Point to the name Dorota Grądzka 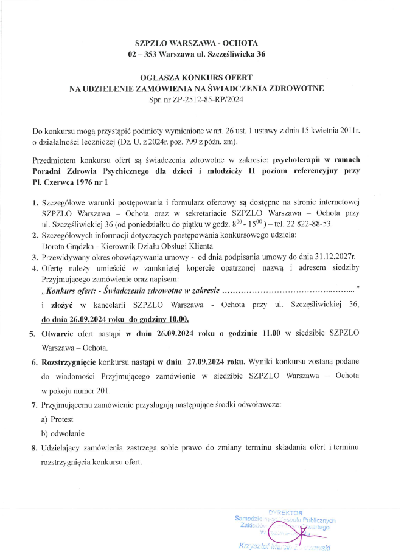coord(67,246)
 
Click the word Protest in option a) coord(63,419)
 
